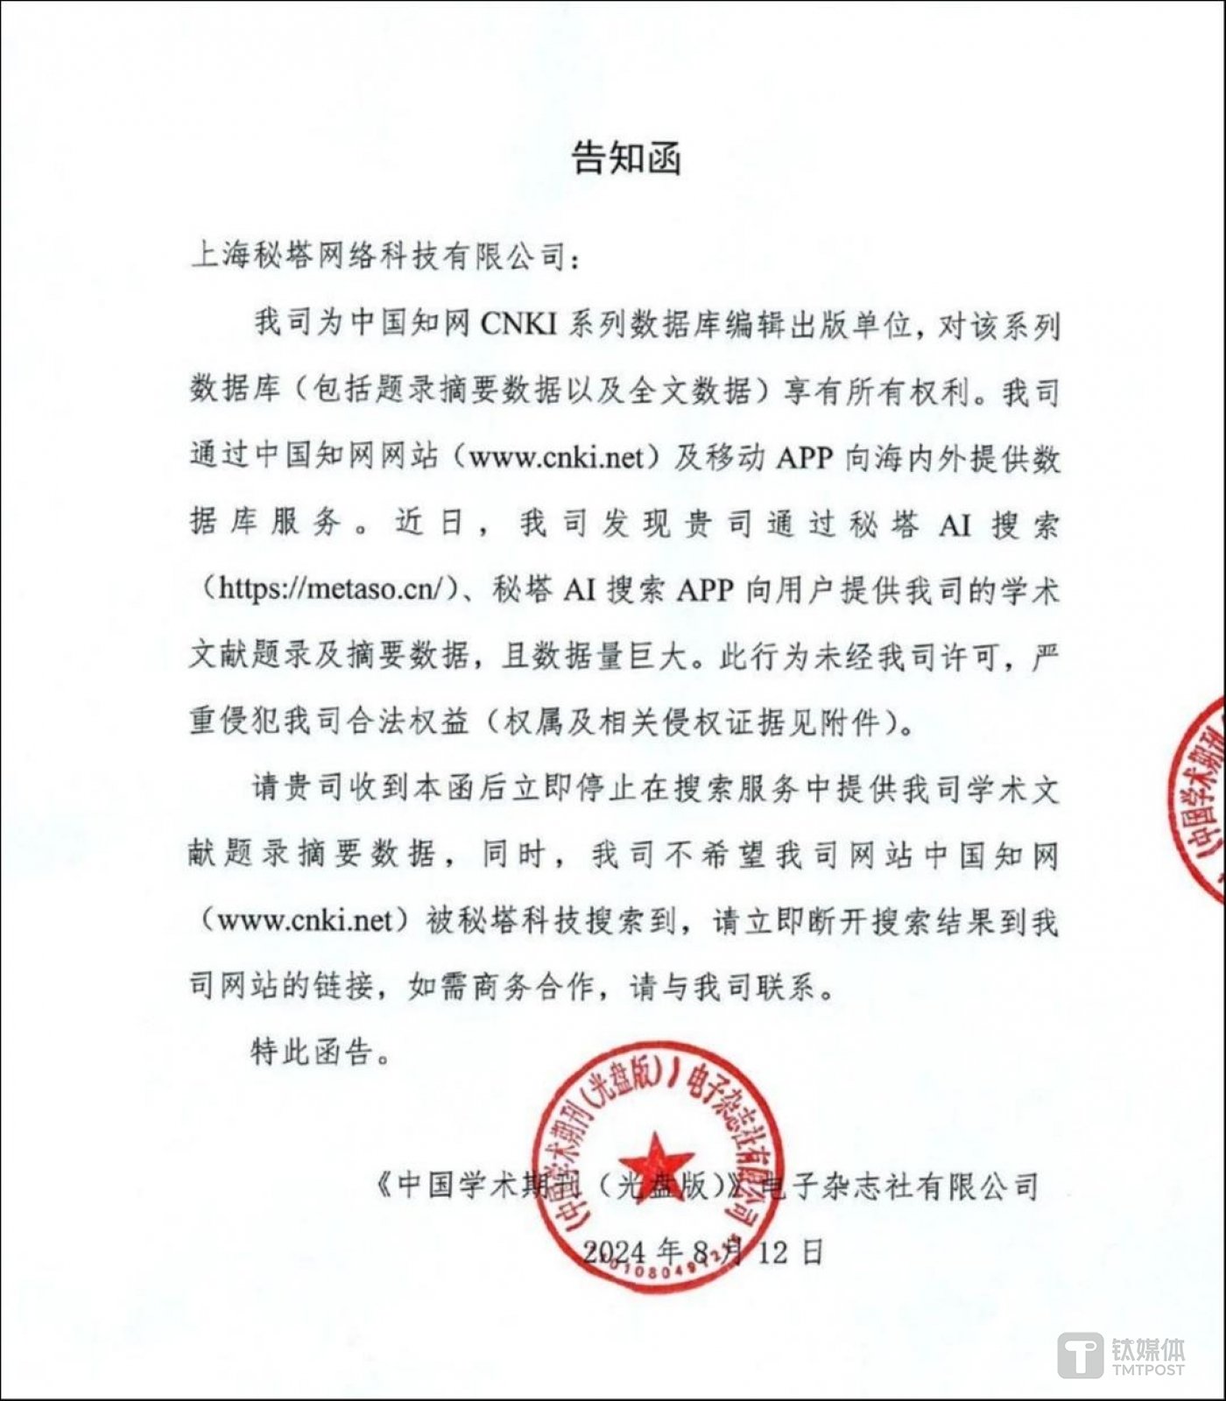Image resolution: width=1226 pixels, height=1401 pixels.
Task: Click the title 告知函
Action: pyautogui.click(x=626, y=158)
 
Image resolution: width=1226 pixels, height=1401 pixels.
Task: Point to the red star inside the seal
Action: pyautogui.click(x=656, y=1163)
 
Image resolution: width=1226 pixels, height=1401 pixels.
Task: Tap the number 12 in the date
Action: pyautogui.click(x=773, y=1252)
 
